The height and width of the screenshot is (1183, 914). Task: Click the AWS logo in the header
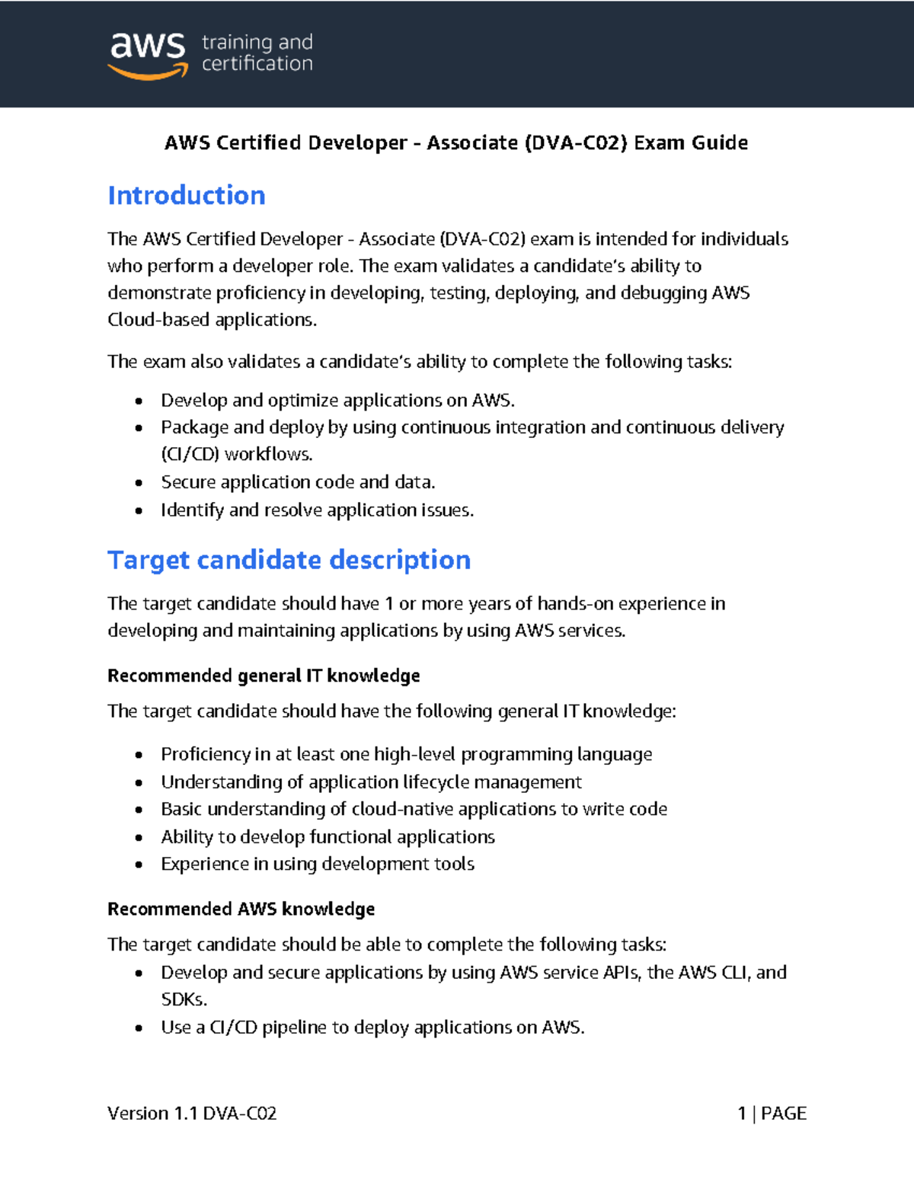click(x=148, y=55)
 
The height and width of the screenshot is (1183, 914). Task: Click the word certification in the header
click(x=257, y=64)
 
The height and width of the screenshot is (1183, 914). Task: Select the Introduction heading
click(x=187, y=196)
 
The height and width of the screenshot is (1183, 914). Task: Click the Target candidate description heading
click(x=289, y=560)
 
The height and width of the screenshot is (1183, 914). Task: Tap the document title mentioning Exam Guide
click(x=456, y=143)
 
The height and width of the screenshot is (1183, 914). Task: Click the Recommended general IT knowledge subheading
click(x=264, y=676)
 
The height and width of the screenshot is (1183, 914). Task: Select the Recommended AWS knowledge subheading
click(x=241, y=909)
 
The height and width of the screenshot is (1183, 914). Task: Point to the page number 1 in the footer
click(x=742, y=1114)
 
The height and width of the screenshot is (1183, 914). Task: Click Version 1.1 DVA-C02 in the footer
click(x=192, y=1114)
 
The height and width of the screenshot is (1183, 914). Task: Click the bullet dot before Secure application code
click(x=139, y=483)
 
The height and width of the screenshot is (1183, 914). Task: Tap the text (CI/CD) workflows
click(x=237, y=455)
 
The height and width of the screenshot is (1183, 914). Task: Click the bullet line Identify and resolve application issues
click(x=317, y=510)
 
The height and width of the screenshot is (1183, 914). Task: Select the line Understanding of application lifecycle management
click(x=371, y=782)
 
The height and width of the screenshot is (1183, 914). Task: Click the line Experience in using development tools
click(x=318, y=864)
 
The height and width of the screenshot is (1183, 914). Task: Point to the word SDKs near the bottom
click(x=184, y=999)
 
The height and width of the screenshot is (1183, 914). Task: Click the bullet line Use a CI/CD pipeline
click(x=372, y=1028)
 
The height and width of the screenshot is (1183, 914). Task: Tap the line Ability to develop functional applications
click(x=328, y=837)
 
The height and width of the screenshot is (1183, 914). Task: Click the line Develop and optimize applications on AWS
click(x=337, y=401)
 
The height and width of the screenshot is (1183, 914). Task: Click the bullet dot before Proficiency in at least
click(x=139, y=755)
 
